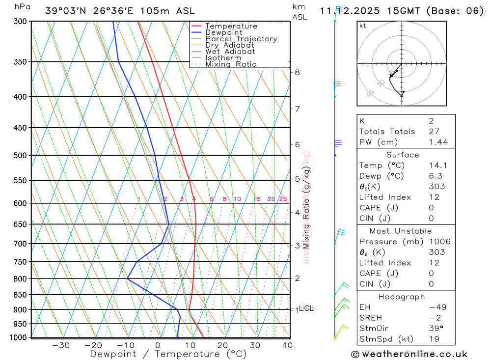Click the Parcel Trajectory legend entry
coord(241,39)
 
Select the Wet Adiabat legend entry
coord(230,52)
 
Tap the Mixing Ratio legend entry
coord(231,64)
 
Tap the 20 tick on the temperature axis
coord(222,345)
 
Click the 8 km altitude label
coord(297,72)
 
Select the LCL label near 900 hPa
coord(306,308)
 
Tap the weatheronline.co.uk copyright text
coord(409,354)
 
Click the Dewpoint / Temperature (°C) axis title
coord(168,354)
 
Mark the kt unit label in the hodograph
coord(362,26)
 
